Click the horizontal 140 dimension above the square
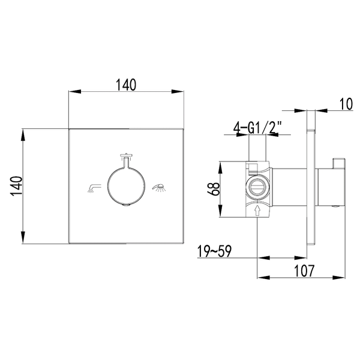coord(126,85)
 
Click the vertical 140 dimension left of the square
coord(17,186)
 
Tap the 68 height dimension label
coord(214,189)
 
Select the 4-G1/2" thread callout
coord(257,128)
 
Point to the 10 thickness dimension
coord(346,104)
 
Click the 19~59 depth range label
coord(214,251)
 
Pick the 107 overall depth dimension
coord(304,271)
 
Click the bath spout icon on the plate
coord(94,188)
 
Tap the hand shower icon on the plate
coord(160,188)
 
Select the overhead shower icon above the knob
coord(126,156)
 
